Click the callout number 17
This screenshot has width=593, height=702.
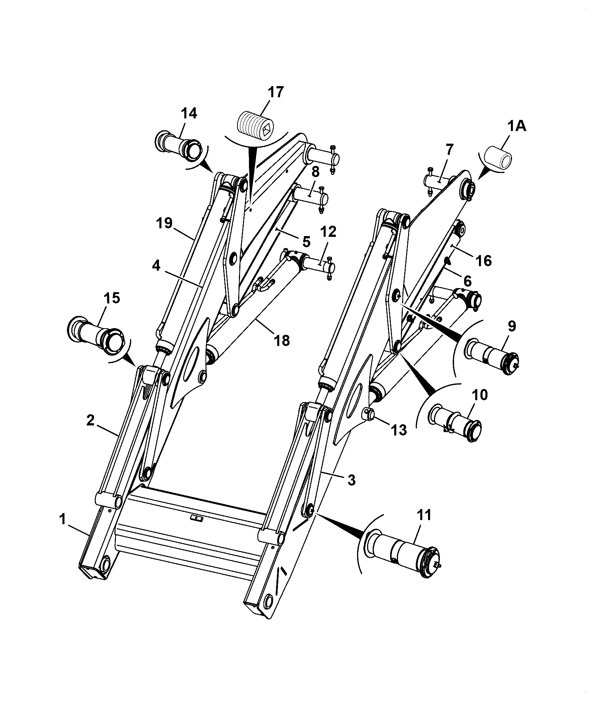(x=275, y=92)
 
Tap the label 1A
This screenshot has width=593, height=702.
(x=517, y=127)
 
